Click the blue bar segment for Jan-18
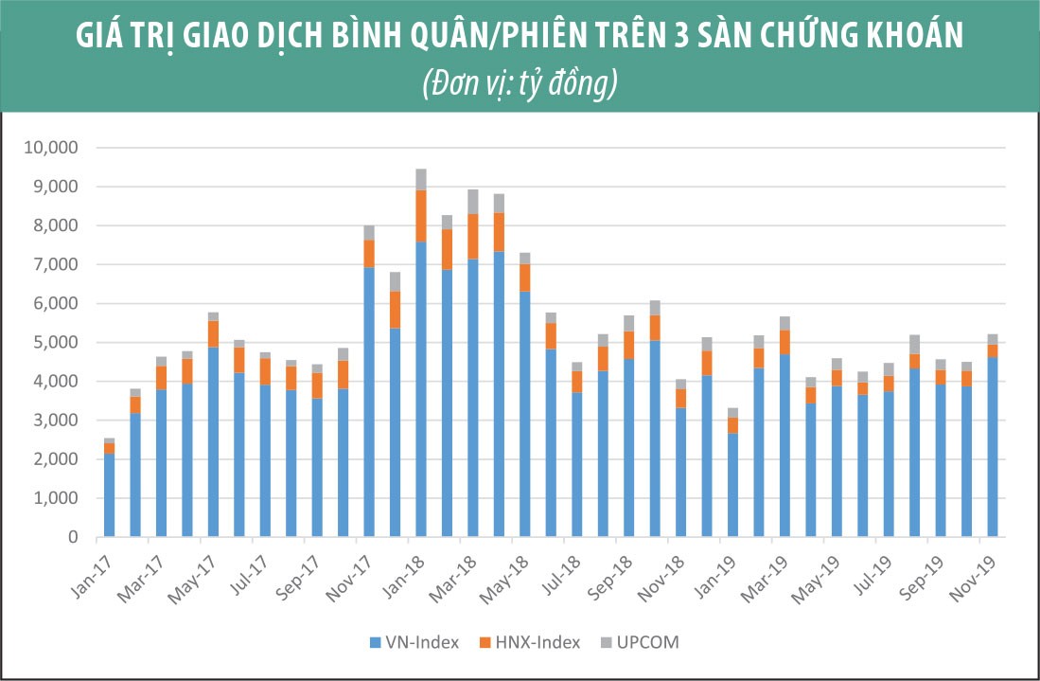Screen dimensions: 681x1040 tap(420, 388)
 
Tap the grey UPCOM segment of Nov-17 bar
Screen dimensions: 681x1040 tap(368, 232)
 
